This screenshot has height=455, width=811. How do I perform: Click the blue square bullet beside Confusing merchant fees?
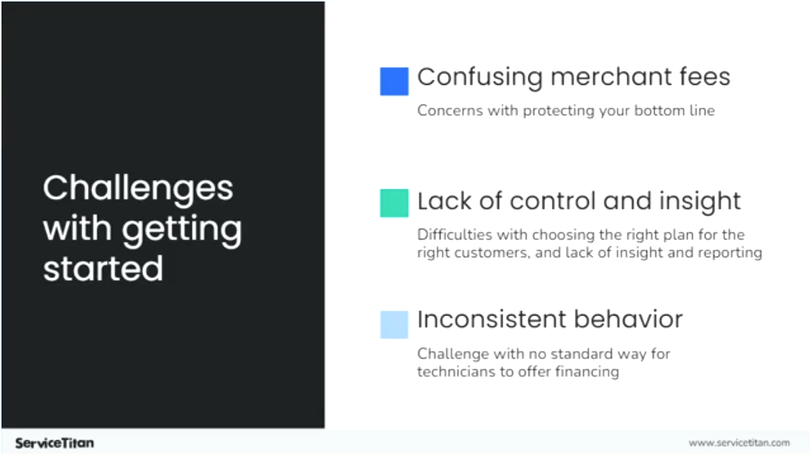pos(394,81)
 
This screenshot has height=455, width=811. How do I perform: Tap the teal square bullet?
pos(394,203)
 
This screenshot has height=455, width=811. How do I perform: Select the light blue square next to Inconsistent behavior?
pos(394,324)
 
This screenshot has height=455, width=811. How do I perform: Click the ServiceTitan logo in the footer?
pos(55,442)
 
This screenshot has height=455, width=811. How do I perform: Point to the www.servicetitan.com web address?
pos(739,442)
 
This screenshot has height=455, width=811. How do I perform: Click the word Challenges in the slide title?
pos(138,189)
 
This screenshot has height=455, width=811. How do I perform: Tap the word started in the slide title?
pos(103,268)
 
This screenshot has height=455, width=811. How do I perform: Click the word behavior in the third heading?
pos(632,319)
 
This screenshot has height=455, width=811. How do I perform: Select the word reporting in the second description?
pos(731,252)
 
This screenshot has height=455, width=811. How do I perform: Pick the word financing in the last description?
pos(587,371)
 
